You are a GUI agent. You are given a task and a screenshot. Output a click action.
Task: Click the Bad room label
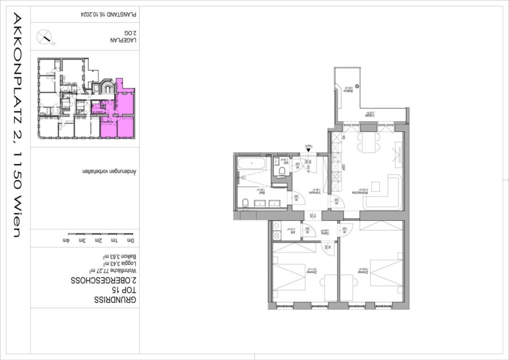pos(262,192)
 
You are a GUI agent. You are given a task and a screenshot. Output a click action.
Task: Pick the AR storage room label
pos(293,232)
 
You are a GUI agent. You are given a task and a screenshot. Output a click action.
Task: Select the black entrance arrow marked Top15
pos(308,150)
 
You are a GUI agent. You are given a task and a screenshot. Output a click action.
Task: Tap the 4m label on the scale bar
pos(71,241)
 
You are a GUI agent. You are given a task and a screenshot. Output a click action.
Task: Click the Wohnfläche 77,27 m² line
pos(107,271)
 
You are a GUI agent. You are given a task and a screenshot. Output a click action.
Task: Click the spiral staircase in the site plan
pos(106,88)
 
